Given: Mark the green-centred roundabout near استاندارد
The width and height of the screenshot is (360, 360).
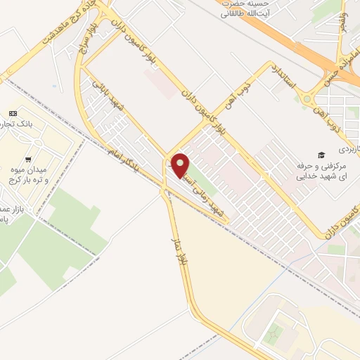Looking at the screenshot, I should (x=307, y=99).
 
